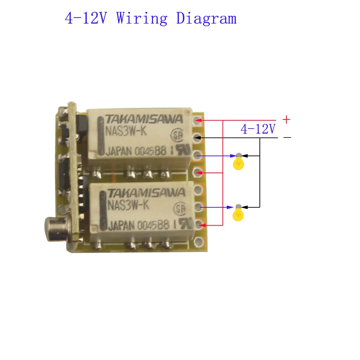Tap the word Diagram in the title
tap(206, 18)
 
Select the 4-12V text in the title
tap(86, 18)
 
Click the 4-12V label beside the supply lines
tap(258, 129)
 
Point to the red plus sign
tap(286, 119)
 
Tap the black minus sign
tap(287, 138)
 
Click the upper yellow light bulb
tap(238, 162)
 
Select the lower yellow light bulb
tap(238, 213)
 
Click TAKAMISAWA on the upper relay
tap(144, 120)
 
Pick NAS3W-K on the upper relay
tap(126, 132)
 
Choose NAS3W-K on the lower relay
tap(128, 205)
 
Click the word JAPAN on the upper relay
tap(119, 152)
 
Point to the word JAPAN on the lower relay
tap(121, 226)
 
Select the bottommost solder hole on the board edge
tap(197, 242)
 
